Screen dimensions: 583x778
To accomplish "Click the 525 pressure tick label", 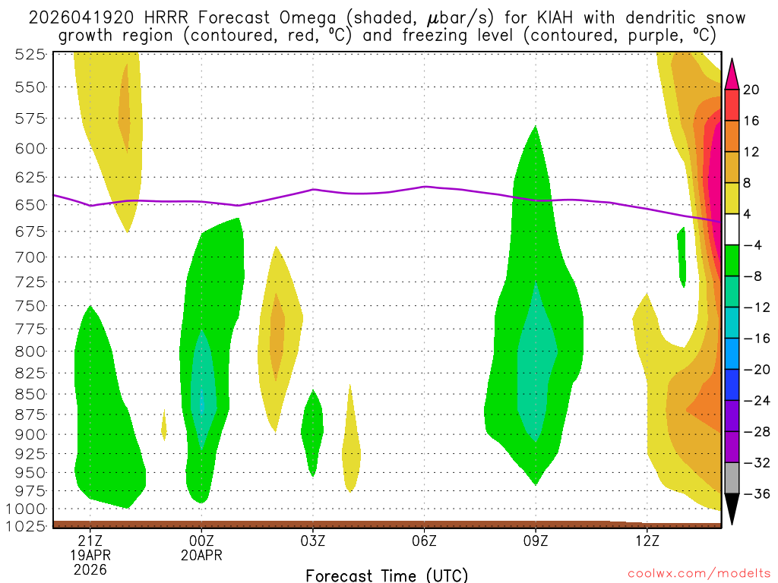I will pos(30,54).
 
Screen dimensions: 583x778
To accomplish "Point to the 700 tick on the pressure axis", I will pos(30,257).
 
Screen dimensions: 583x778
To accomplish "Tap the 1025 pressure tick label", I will pos(25,525).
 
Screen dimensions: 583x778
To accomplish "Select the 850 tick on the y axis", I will pos(30,394).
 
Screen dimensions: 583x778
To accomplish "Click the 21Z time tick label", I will pos(90,540).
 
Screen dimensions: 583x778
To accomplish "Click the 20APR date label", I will pos(201,555).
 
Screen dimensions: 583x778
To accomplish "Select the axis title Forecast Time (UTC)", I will pos(387,575).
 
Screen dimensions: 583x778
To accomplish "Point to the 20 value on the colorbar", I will pos(751,90).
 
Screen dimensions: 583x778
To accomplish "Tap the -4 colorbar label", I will pos(752,245).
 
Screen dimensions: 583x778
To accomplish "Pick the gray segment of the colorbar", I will pos(732,477).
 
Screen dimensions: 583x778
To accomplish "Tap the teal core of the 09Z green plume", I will pos(536,357).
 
